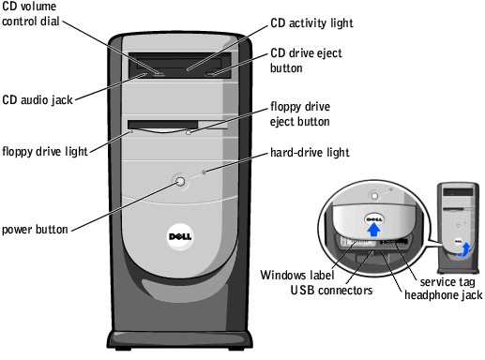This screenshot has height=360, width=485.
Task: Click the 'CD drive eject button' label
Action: [306, 60]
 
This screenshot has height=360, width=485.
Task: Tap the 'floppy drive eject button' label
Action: [306, 113]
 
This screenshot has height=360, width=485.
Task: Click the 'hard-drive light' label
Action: [310, 151]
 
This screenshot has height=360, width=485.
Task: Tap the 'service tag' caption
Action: [447, 282]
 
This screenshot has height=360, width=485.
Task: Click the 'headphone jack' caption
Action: [443, 294]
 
